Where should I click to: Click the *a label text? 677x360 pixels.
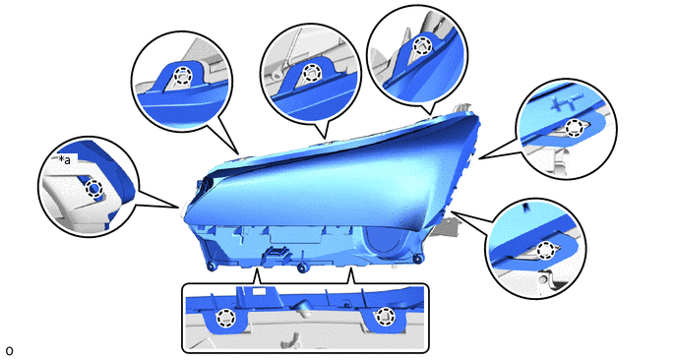point(64,160)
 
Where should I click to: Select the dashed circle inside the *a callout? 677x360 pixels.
point(93,189)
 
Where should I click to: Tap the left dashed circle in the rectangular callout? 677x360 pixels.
point(224,318)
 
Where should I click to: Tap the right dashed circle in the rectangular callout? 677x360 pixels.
point(383,317)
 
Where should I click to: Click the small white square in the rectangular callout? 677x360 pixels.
point(259,292)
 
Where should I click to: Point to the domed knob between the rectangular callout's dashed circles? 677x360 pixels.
point(301,307)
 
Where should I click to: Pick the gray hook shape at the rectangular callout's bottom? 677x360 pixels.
point(296,339)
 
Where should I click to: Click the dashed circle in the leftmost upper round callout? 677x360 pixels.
point(182,75)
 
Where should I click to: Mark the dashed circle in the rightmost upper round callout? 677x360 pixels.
point(421,45)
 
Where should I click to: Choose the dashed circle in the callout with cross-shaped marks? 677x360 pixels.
point(574,127)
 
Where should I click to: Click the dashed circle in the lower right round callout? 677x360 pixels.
point(546,251)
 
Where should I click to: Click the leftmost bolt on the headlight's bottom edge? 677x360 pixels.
point(212,267)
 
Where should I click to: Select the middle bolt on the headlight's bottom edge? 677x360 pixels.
point(302,268)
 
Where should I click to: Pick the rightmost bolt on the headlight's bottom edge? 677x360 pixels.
point(417,259)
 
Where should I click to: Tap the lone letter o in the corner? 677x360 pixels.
point(9,350)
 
